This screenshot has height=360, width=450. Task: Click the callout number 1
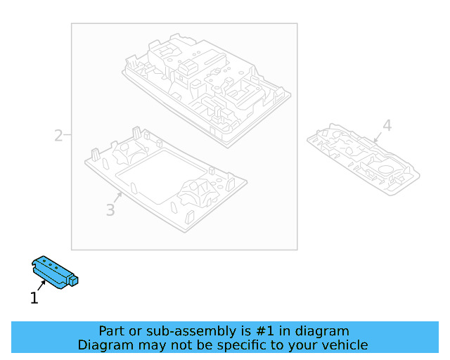(34, 297)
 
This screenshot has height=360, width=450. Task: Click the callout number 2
(58, 136)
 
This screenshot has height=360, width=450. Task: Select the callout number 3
(110, 210)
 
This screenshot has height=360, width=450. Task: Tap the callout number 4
(387, 126)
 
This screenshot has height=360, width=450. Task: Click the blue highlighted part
(55, 272)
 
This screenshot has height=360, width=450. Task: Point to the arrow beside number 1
(41, 285)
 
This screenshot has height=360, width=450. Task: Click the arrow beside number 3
(117, 198)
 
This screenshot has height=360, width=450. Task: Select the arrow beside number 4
(378, 137)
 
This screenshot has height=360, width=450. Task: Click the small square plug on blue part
(73, 280)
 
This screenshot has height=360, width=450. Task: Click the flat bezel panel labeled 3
(166, 179)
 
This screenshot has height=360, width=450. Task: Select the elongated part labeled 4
(363, 160)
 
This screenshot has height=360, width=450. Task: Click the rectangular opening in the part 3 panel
(161, 176)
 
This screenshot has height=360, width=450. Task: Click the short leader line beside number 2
(67, 134)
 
